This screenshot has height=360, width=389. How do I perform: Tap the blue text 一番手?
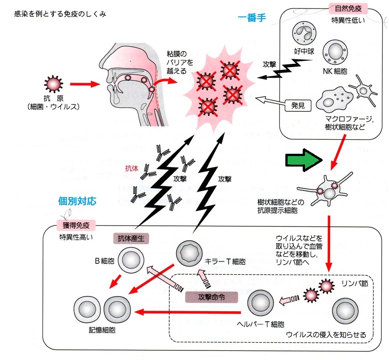pyautogui.click(x=252, y=17)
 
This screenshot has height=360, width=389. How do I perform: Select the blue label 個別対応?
pyautogui.click(x=77, y=200)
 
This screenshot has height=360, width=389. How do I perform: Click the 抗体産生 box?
pyautogui.click(x=131, y=238)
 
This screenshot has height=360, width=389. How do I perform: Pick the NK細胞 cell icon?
pyautogui.click(x=337, y=51)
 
